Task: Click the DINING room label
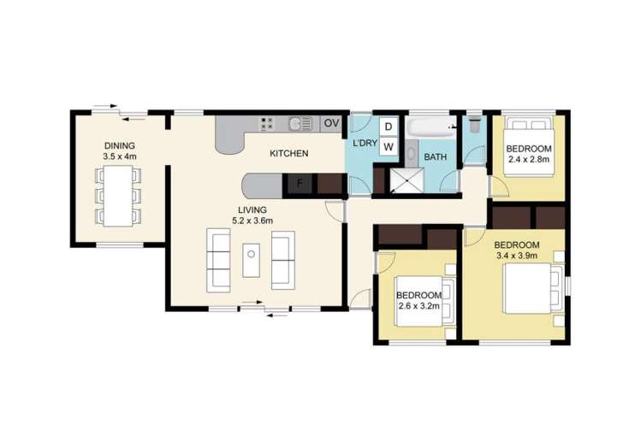pos(119,145)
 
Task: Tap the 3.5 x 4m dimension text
pos(120,156)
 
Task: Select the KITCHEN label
pos(289,154)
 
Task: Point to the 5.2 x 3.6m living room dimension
pos(252,221)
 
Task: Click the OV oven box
pos(331,124)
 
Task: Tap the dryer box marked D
pos(388,127)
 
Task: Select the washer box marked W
pos(388,147)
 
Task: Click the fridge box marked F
pos(300,183)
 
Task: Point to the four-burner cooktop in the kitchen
pos(266,124)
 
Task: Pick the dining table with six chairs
pos(119,195)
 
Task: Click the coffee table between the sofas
pos(251,259)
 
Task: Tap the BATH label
pos(436,157)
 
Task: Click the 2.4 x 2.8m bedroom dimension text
pos(530,158)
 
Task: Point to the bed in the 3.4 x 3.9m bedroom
pos(534,291)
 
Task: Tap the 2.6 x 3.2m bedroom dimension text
pos(417,305)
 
